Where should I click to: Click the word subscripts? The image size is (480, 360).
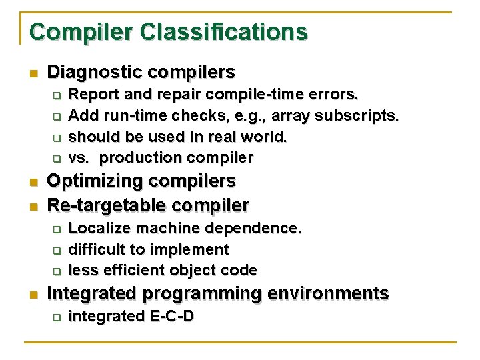coord(357,115)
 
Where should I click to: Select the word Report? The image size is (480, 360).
coord(91,94)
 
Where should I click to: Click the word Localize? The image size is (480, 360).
coord(96,228)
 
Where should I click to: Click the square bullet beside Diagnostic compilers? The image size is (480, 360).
coord(33,73)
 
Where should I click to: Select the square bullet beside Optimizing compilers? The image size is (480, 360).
coord(33,182)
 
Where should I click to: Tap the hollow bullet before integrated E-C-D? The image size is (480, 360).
coord(57,316)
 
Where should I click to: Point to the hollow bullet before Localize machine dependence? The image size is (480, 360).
coord(57,229)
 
